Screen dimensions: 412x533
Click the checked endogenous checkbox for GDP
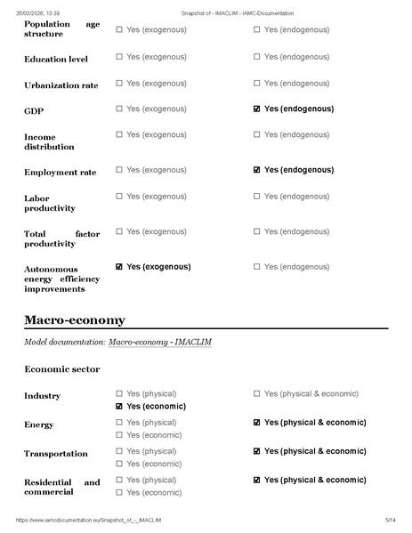257,109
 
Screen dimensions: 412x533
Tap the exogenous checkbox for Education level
120,57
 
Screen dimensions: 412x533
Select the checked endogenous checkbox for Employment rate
257,169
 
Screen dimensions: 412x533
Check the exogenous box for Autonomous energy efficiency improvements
120,266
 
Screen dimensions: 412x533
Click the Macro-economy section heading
75,319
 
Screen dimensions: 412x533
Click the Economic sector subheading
62,368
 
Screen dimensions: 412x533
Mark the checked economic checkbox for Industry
120,406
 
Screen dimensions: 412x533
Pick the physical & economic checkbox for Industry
257,393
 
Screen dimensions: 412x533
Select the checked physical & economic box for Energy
257,423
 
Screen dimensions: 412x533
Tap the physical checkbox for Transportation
120,451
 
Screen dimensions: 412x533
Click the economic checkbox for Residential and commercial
120,492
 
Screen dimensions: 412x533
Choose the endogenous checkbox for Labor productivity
257,196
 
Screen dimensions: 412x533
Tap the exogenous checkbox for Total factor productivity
120,231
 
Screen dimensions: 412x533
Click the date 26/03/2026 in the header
32,13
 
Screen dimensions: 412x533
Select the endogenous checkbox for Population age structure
257,29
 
